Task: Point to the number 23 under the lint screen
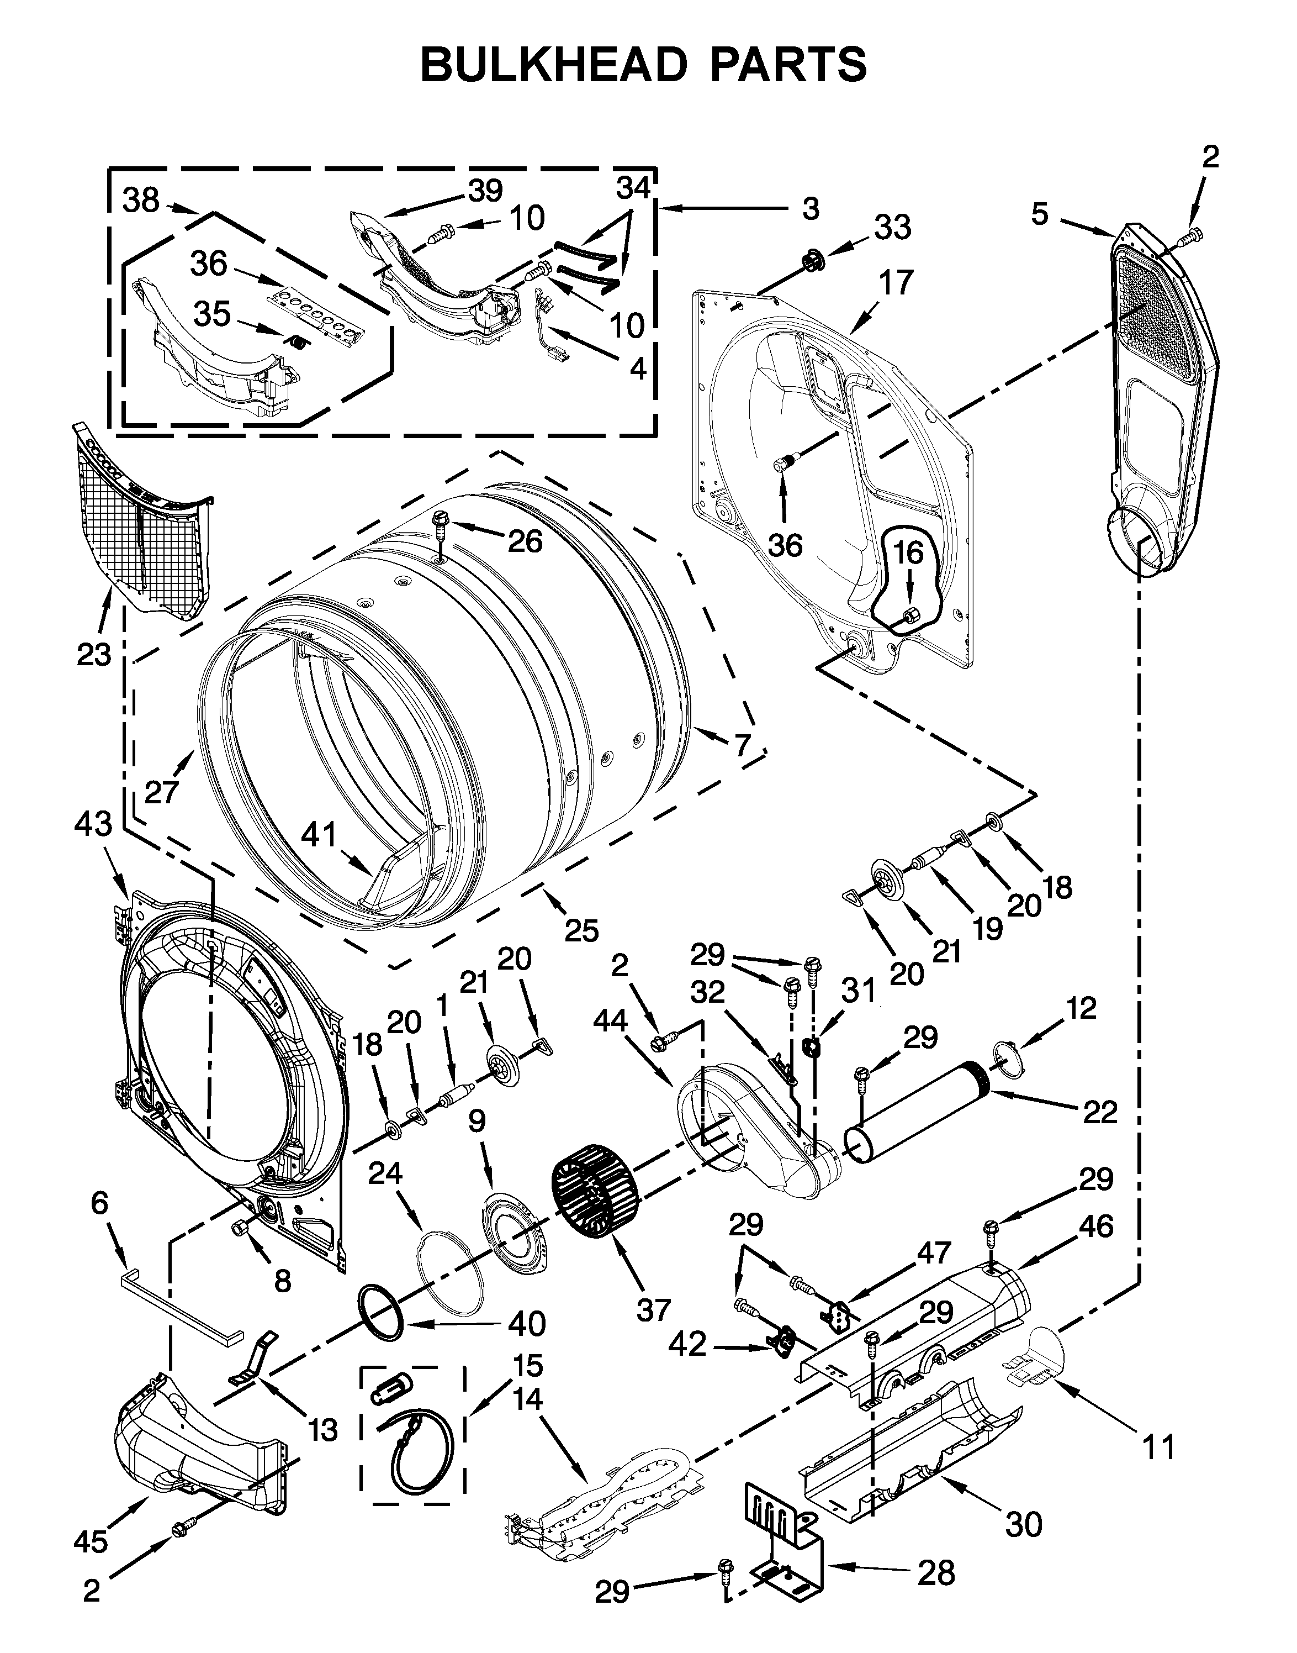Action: tap(93, 654)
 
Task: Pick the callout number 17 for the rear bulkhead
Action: tap(896, 283)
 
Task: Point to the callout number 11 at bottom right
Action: tap(1159, 1448)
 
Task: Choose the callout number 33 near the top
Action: tap(892, 227)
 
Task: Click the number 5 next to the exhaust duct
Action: tap(1040, 214)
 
